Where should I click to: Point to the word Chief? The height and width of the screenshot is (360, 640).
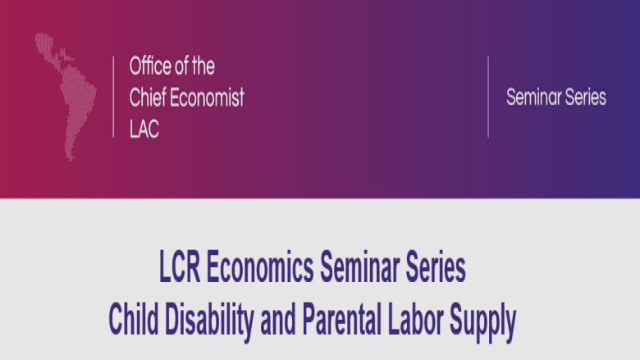(x=148, y=98)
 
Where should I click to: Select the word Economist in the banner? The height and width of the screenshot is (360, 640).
(x=207, y=98)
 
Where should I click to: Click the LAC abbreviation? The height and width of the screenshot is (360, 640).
(x=144, y=129)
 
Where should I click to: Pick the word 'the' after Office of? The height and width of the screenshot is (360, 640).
(x=203, y=66)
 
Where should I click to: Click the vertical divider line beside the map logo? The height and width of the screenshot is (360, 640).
(x=113, y=97)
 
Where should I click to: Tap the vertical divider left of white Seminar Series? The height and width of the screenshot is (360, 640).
(x=488, y=97)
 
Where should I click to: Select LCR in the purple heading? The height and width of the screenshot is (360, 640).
(x=180, y=267)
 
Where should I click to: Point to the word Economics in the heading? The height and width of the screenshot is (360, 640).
(x=260, y=267)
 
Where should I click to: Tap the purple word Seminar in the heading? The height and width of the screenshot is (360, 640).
(x=359, y=267)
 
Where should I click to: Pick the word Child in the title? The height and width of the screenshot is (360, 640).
(x=134, y=318)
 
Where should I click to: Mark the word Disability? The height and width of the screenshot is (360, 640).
(x=209, y=322)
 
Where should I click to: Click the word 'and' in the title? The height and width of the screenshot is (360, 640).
(x=278, y=318)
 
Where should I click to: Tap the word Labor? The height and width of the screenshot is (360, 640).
(x=415, y=318)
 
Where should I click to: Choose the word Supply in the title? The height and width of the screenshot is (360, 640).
(x=482, y=322)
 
